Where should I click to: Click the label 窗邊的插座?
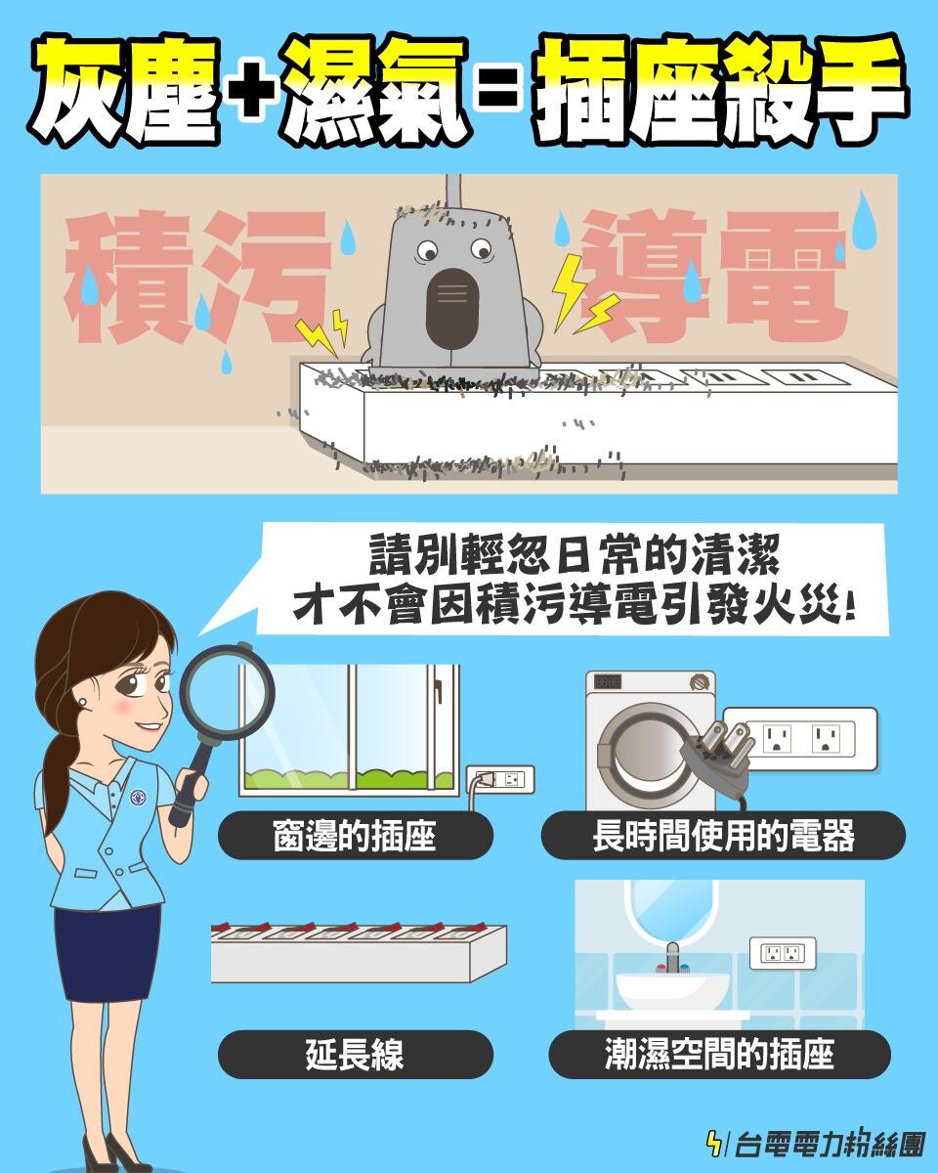355,836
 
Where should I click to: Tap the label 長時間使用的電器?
723,836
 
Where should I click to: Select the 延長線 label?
355,1055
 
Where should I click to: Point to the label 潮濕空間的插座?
719,1055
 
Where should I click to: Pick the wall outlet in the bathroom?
782,952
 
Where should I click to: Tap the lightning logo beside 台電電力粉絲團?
716,1142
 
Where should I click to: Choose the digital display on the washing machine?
608,682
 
